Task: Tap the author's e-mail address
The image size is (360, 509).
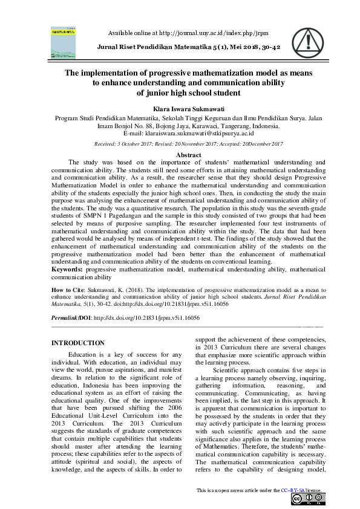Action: click(x=205, y=134)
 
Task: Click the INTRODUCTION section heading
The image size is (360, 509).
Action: click(x=78, y=343)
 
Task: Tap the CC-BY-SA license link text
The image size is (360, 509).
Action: click(x=293, y=490)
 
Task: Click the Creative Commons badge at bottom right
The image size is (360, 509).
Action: click(x=308, y=499)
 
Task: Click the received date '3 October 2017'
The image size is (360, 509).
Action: click(x=133, y=144)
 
